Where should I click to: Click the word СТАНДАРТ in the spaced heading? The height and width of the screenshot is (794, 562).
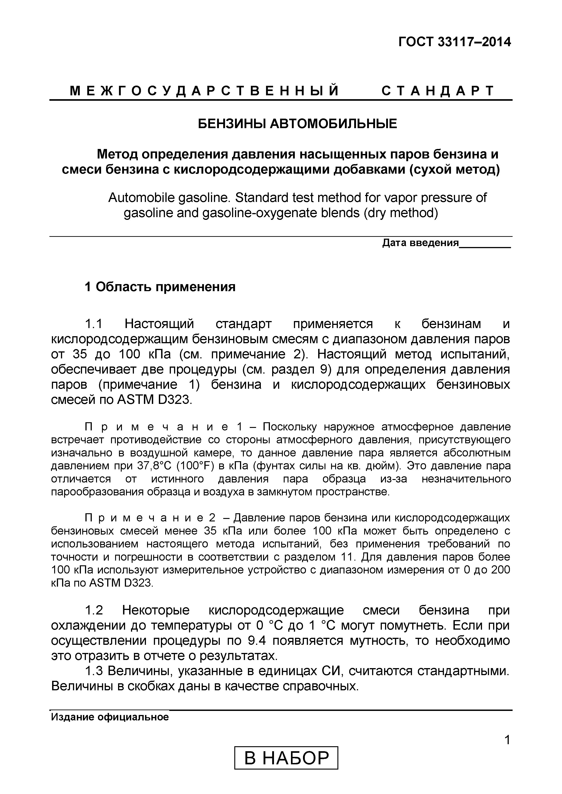tap(438, 91)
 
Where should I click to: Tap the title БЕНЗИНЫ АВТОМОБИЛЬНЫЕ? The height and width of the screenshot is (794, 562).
tap(297, 123)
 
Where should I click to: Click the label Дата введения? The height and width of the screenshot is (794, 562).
tap(420, 243)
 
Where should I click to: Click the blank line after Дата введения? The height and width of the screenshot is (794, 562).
tap(485, 244)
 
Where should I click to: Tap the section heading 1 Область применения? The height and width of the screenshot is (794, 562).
tap(160, 287)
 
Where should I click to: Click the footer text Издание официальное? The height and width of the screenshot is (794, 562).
tap(110, 717)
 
